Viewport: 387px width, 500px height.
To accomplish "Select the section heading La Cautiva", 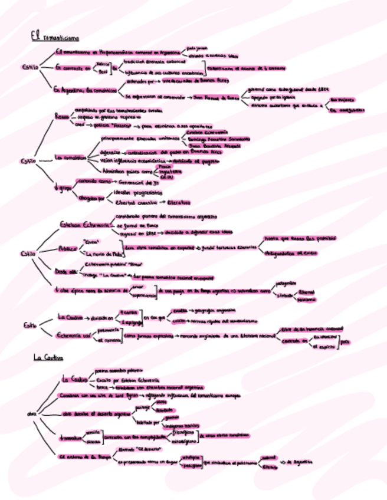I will (x=48, y=357).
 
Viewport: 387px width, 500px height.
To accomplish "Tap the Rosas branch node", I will (x=62, y=116).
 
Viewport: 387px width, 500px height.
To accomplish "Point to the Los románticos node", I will (x=70, y=157).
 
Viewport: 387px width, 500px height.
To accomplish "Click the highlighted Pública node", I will (x=68, y=248).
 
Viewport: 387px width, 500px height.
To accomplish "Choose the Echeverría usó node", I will (x=74, y=335).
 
